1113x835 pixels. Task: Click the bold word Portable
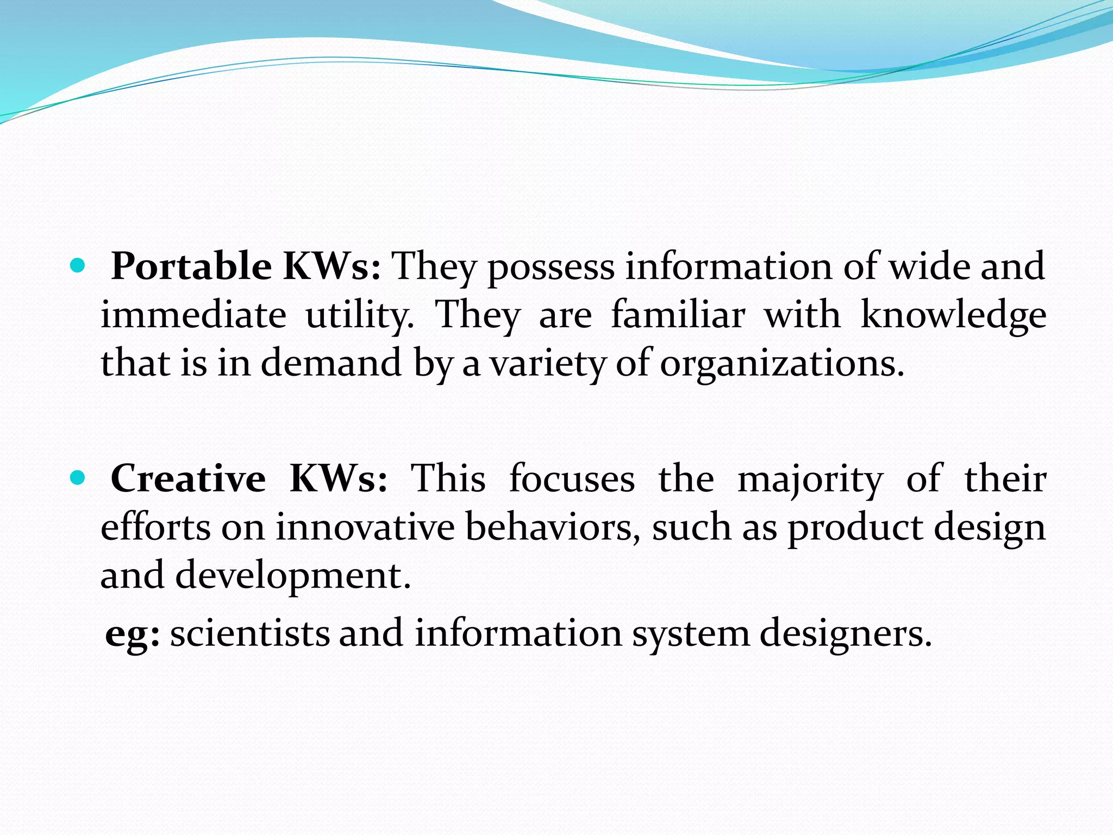point(191,266)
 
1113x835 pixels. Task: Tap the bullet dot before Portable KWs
point(79,265)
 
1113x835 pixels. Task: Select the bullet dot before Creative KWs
point(79,478)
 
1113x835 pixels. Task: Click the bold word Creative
point(188,478)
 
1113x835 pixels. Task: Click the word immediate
point(193,315)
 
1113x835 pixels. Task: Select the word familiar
point(678,315)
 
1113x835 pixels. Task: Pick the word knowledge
point(954,316)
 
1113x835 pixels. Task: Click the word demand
point(331,363)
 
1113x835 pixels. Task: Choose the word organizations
point(782,364)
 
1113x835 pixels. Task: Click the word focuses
point(572,478)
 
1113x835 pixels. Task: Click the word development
point(293,576)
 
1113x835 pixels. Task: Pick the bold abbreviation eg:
point(133,634)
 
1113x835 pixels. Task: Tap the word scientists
point(250,633)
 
